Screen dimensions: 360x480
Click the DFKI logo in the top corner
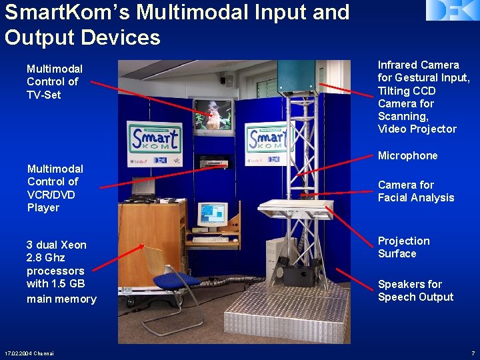pos(452,11)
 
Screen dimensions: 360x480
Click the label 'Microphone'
pos(407,155)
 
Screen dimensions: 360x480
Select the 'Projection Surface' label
pos(403,247)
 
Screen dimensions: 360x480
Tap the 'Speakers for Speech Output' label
pos(415,291)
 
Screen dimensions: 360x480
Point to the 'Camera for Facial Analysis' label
pos(415,191)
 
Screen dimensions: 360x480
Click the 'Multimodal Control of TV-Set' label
pos(54,81)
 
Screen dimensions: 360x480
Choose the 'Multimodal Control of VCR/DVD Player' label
pos(55,188)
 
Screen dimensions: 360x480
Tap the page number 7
pos(472,353)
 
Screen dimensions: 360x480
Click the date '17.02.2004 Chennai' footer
pos(29,353)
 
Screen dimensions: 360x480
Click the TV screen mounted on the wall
pos(213,115)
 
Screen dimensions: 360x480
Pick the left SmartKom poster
pos(154,141)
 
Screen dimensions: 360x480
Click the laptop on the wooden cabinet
pos(143,189)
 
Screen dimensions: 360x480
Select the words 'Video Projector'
pos(417,129)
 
